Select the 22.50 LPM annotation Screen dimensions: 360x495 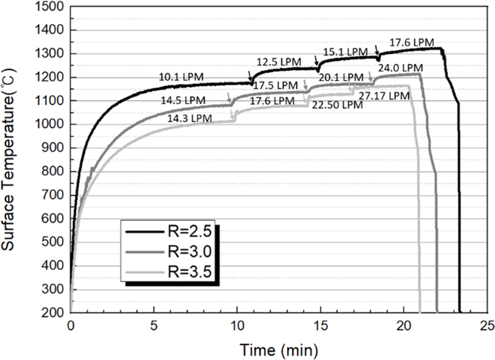(337, 105)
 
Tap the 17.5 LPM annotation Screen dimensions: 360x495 (271, 85)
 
